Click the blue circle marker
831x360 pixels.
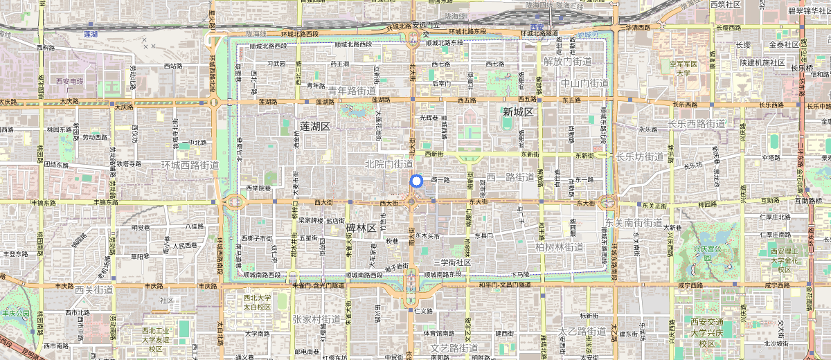coord(416,181)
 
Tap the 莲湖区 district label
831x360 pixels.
coord(315,126)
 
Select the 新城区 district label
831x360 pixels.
coord(518,112)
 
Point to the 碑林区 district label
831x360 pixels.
coord(360,228)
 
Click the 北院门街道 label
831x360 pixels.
coord(388,164)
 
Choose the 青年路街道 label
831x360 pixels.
coord(352,91)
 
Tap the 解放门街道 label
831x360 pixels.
coord(568,61)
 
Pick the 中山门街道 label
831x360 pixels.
coord(584,83)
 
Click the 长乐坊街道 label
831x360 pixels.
coord(639,156)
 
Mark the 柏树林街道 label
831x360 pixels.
coord(560,247)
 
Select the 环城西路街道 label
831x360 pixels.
coord(189,165)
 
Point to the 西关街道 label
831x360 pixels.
coord(94,290)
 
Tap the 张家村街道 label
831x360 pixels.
coord(316,319)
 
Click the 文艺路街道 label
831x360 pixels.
coord(455,348)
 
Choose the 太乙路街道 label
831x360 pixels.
coord(582,332)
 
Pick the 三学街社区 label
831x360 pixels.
coord(452,262)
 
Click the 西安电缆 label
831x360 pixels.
coord(69,81)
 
